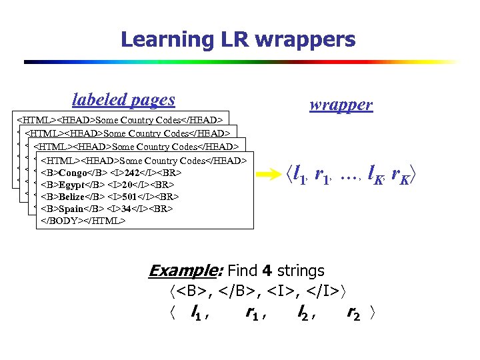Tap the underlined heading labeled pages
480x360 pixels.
[123, 100]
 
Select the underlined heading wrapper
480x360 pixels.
[341, 105]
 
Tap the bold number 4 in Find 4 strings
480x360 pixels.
[265, 271]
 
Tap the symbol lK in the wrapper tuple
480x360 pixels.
[378, 175]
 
